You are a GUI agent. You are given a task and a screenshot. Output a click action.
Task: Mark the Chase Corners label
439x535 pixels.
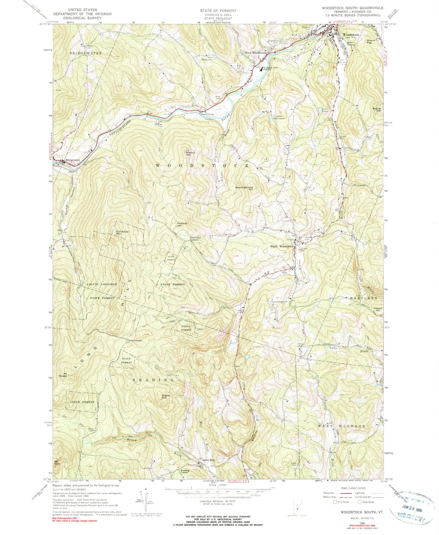134,340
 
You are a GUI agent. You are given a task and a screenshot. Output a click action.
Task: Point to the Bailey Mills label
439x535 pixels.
209,460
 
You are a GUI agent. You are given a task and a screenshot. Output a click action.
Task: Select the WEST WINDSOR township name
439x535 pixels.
341,426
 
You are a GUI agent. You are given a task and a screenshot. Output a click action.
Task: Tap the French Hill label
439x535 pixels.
378,309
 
